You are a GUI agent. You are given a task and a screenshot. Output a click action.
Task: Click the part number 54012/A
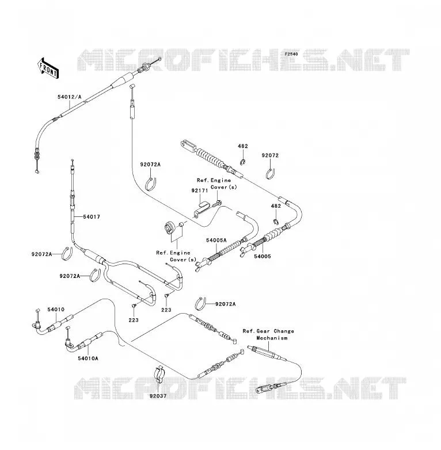70,97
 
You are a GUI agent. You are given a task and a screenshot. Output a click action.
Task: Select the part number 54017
92,217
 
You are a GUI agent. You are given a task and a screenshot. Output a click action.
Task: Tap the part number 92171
200,190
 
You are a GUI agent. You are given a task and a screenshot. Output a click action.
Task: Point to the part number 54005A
216,240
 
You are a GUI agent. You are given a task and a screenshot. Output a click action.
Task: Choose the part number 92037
158,396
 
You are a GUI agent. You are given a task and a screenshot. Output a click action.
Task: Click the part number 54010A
88,359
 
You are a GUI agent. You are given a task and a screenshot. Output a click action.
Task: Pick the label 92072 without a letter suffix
270,155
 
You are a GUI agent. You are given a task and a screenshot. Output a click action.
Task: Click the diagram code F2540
291,54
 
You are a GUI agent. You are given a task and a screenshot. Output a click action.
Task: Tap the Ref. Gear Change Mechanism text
268,335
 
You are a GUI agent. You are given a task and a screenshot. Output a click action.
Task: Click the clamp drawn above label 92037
159,375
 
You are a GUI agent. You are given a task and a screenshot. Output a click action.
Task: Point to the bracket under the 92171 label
200,209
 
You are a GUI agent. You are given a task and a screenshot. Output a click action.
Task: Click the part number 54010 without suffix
56,310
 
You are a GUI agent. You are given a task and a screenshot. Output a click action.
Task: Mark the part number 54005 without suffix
263,256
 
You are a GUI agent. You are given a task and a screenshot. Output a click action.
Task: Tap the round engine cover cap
169,228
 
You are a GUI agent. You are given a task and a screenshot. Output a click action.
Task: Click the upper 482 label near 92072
243,146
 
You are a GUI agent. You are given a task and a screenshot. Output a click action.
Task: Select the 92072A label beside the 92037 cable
225,304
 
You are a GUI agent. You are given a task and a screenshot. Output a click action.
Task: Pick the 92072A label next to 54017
41,254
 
